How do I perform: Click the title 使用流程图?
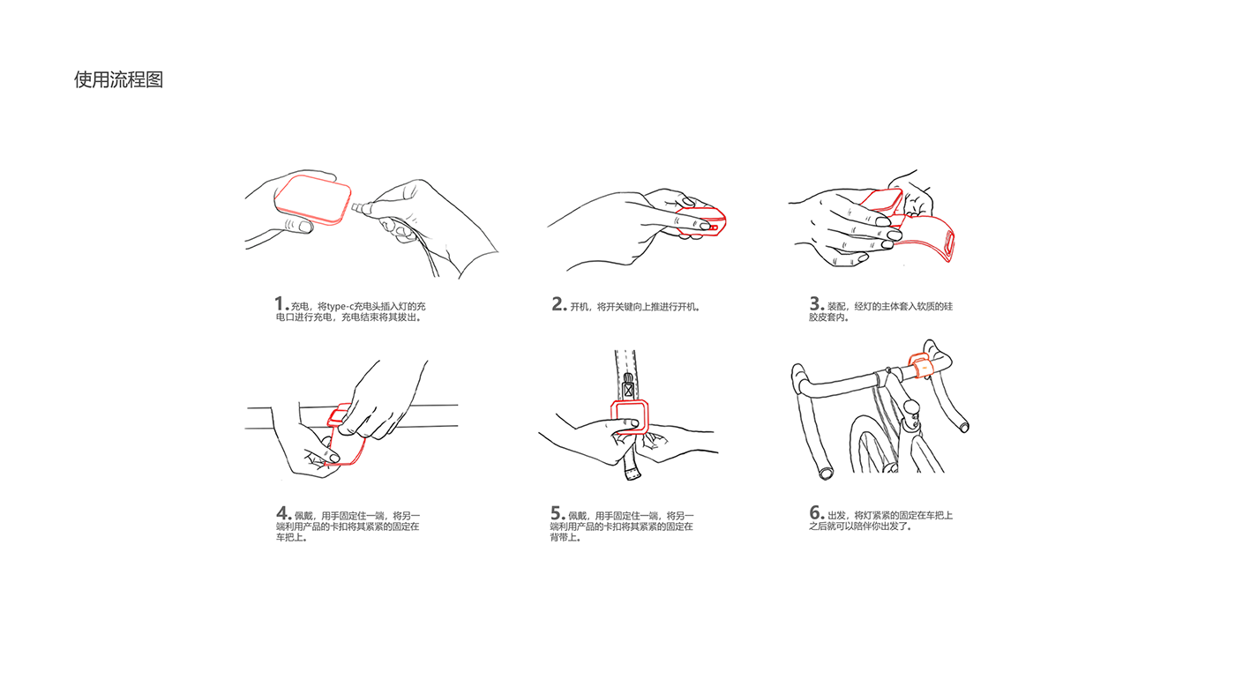118,80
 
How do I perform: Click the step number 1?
280,303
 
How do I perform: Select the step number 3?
815,303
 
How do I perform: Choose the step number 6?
815,512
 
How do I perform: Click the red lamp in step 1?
312,199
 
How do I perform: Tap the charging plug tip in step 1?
356,208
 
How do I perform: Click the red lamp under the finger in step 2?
700,221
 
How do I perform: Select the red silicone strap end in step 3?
949,246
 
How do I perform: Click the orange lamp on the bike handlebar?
920,365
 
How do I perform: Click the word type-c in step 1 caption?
341,307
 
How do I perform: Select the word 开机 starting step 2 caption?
580,307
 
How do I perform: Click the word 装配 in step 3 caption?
836,307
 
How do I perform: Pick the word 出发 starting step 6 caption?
836,515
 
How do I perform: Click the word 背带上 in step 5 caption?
564,537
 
